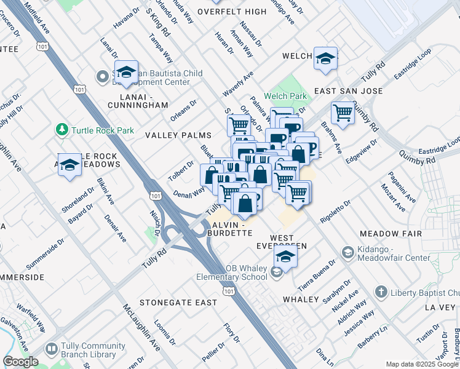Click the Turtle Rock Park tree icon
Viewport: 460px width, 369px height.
pos(61,130)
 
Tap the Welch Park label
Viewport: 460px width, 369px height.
pos(285,96)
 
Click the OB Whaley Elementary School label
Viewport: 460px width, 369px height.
pos(232,272)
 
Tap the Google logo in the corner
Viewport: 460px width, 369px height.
pos(20,362)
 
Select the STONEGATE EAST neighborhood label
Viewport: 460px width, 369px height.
pos(178,303)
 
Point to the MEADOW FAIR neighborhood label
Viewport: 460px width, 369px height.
pos(391,234)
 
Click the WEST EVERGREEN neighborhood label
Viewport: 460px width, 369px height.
pos(281,242)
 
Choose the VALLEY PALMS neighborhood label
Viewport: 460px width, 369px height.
pos(178,135)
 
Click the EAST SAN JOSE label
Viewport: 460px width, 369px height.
pos(348,91)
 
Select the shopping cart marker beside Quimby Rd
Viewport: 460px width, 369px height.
pos(342,113)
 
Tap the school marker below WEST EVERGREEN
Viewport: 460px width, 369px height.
pos(285,256)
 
